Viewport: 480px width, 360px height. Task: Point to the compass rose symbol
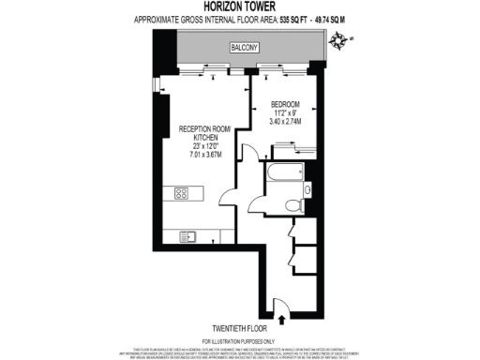click(350, 39)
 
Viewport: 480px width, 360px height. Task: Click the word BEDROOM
click(285, 104)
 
